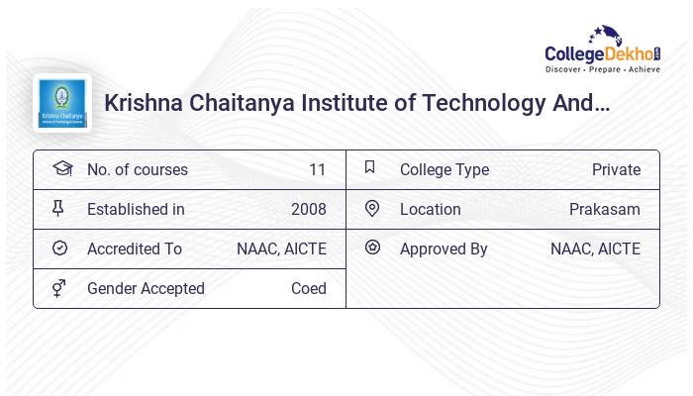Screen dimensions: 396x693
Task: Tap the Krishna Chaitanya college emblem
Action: pos(61,103)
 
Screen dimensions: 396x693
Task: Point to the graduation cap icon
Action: pos(61,168)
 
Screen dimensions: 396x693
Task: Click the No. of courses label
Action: pos(137,169)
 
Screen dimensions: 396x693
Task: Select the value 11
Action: pos(317,169)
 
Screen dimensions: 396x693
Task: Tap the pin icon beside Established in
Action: pos(58,208)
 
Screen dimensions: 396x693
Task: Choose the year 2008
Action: pos(308,209)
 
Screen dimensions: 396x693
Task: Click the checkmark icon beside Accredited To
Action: pos(59,247)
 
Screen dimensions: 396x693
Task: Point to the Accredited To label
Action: pos(134,248)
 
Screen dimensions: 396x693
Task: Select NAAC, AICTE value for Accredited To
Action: pos(281,248)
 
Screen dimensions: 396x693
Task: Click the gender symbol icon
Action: pos(58,288)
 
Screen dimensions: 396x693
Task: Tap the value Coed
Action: pos(308,288)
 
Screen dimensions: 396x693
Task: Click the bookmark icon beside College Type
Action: pos(370,167)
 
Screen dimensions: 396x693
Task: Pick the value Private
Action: pos(616,169)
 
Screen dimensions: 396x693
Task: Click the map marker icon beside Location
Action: pos(372,208)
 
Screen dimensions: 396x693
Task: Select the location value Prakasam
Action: pos(604,209)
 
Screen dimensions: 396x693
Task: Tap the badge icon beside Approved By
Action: pos(372,247)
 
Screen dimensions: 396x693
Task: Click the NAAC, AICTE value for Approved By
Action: pos(595,248)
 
